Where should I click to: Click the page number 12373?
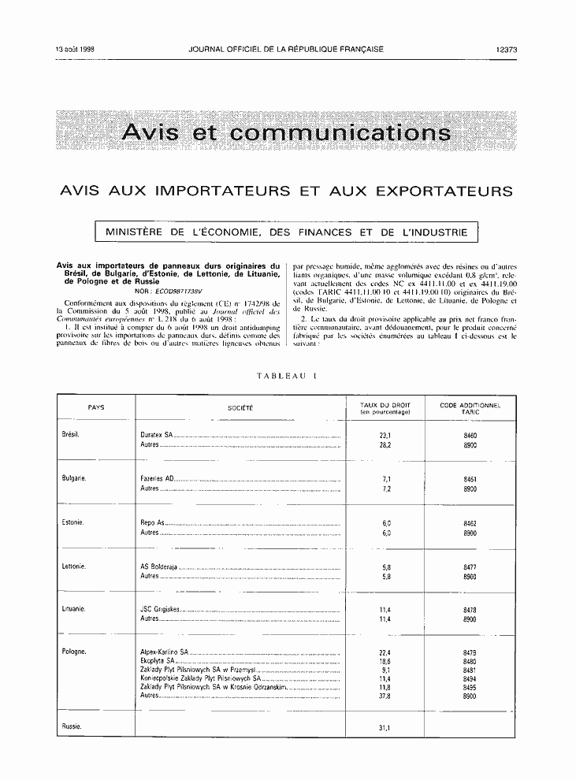pos(507,49)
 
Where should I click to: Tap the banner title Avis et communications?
pos(287,132)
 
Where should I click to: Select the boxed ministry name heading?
pos(287,232)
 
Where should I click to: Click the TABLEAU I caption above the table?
pos(286,377)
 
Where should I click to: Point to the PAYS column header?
pos(96,408)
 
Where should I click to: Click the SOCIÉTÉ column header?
pos(240,408)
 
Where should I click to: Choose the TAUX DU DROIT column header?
pos(385,408)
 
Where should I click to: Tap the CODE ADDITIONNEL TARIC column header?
pos(470,408)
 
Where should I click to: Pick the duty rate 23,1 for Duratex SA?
pos(385,436)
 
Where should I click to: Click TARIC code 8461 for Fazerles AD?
pos(470,479)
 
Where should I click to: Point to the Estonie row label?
pos(73,522)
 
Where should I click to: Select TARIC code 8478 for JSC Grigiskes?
pos(470,610)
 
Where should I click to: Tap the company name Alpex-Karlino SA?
pos(164,653)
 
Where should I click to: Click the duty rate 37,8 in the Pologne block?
pos(385,696)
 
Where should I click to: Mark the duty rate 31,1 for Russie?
pos(385,727)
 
